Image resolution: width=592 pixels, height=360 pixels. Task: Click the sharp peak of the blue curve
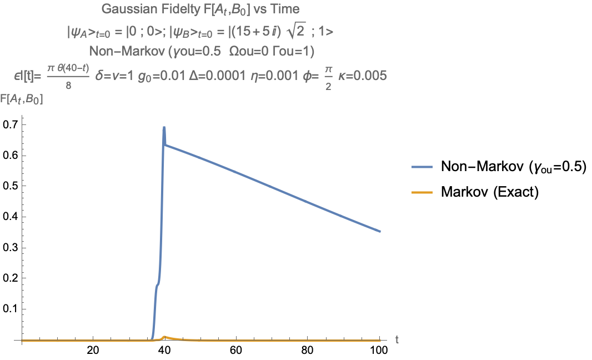tap(164, 127)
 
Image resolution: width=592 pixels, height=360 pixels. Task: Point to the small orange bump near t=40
tap(164, 337)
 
